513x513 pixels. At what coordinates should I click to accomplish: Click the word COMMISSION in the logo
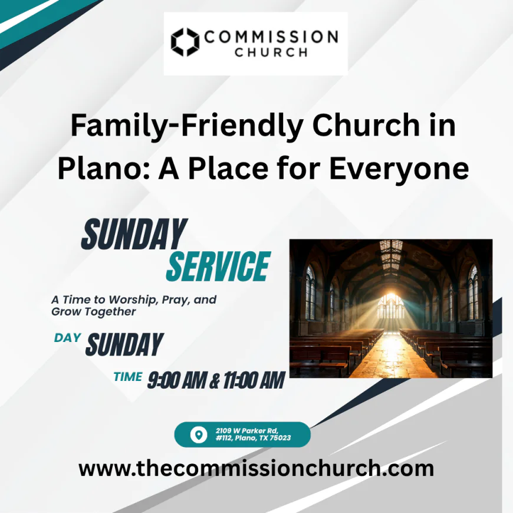(x=271, y=37)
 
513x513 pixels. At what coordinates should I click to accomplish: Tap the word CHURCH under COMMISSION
(x=271, y=52)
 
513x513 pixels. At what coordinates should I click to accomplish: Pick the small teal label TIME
(x=128, y=377)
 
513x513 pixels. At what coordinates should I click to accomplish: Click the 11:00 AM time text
(x=251, y=381)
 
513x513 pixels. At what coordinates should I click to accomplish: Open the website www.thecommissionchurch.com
(x=256, y=469)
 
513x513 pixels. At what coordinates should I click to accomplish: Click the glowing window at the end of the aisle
(x=391, y=307)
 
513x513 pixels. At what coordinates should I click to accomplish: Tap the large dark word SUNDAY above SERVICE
(x=134, y=234)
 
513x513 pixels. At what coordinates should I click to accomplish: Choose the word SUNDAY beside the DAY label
(x=124, y=345)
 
